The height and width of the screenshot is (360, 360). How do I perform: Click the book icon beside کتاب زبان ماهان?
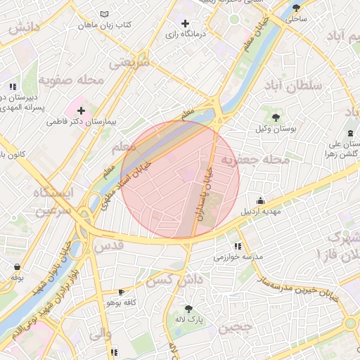tap(105, 14)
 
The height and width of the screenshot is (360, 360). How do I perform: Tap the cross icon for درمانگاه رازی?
tap(185, 24)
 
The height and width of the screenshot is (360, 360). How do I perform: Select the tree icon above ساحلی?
tap(295, 8)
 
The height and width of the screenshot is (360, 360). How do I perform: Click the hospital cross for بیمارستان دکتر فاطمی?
tap(82, 110)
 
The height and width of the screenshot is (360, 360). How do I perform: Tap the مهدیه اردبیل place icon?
tap(261, 200)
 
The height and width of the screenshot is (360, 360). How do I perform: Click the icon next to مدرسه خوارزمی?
tap(238, 246)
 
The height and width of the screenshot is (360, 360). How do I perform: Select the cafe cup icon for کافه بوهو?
tap(122, 292)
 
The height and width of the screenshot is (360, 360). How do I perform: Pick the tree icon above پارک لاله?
tap(188, 308)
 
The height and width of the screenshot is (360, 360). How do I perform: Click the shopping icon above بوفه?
tap(17, 267)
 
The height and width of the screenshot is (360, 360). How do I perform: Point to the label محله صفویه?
tap(70, 79)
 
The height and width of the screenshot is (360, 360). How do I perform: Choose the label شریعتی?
tap(129, 64)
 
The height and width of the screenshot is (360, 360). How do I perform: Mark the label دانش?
tap(23, 28)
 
